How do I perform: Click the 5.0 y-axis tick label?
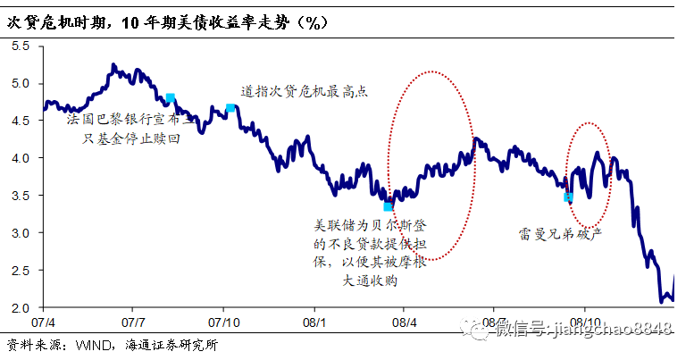coord(19,84)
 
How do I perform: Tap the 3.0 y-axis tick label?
coord(19,233)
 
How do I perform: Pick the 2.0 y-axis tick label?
coord(19,308)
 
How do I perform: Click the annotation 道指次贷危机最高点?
coord(305,92)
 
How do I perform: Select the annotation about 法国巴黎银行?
coord(130,127)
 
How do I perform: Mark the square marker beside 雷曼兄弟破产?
coord(568,197)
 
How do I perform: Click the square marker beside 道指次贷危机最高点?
coord(230,108)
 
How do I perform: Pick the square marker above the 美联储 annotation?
coord(388,206)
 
